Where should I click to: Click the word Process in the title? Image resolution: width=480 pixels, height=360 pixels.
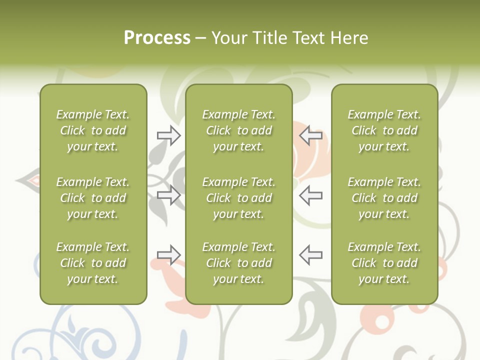click(x=157, y=37)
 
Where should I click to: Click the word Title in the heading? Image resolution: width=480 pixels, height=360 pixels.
click(x=269, y=37)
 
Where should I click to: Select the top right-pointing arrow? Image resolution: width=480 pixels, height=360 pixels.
click(x=169, y=135)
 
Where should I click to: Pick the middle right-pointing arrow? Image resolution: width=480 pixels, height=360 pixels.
click(x=169, y=195)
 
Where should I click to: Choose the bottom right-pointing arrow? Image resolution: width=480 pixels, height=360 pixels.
click(x=169, y=255)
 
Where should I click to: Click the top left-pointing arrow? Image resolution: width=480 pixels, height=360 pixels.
click(x=310, y=135)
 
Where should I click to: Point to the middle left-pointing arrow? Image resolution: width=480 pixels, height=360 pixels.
click(x=310, y=195)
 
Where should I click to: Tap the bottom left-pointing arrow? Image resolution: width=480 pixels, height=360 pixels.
click(x=310, y=255)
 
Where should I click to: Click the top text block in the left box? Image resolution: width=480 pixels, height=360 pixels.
click(x=93, y=130)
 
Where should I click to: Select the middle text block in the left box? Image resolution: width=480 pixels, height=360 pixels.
click(x=93, y=198)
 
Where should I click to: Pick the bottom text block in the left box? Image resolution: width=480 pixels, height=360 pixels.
click(x=93, y=263)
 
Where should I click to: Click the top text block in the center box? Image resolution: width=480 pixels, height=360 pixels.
click(x=238, y=130)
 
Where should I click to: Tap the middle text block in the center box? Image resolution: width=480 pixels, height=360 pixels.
click(x=238, y=198)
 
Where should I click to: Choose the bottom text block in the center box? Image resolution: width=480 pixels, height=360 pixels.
click(x=238, y=263)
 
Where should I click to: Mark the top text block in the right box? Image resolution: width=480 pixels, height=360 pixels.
click(x=384, y=130)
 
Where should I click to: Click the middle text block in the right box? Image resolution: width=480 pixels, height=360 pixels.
click(x=384, y=198)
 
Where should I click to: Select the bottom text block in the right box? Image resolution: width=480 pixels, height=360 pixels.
click(x=384, y=263)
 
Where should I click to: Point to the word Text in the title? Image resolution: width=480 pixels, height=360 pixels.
click(x=310, y=37)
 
